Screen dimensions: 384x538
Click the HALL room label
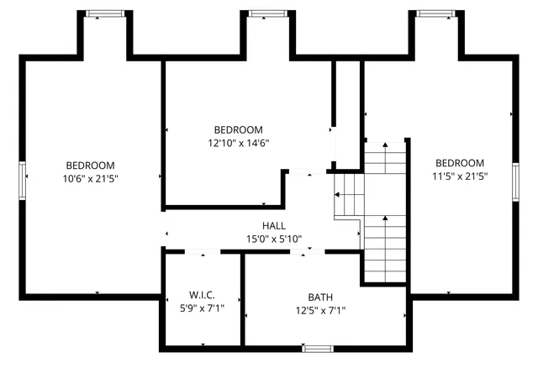[273, 226]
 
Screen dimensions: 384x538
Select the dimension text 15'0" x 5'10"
[273, 239]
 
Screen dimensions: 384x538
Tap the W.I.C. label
[202, 296]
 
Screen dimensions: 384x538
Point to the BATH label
[319, 297]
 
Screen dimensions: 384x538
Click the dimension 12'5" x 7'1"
[319, 311]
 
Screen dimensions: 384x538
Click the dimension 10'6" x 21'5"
[91, 178]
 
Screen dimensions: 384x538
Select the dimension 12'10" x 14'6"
[238, 143]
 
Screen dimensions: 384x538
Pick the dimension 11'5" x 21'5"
[459, 176]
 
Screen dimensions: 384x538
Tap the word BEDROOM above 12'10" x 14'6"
[238, 130]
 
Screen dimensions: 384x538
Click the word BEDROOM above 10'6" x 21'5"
[91, 166]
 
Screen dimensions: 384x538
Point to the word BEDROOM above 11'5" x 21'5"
[459, 163]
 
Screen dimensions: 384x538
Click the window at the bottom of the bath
[317, 348]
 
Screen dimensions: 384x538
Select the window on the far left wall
[24, 180]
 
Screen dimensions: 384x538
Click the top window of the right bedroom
[436, 13]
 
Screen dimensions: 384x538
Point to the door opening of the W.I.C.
[203, 250]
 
